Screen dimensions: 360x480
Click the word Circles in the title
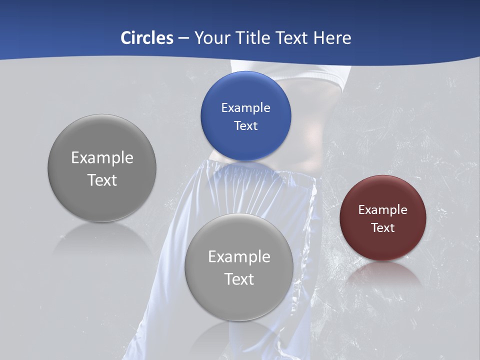(147, 38)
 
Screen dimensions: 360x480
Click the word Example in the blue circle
(245, 108)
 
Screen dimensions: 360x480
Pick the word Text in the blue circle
(245, 126)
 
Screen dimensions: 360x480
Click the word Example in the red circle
(383, 210)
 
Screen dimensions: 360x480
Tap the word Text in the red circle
(383, 228)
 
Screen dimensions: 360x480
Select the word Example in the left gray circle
(102, 158)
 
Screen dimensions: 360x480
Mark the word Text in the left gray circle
(102, 180)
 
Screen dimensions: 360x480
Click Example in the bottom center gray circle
(239, 257)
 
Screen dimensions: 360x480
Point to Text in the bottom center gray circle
(239, 279)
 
